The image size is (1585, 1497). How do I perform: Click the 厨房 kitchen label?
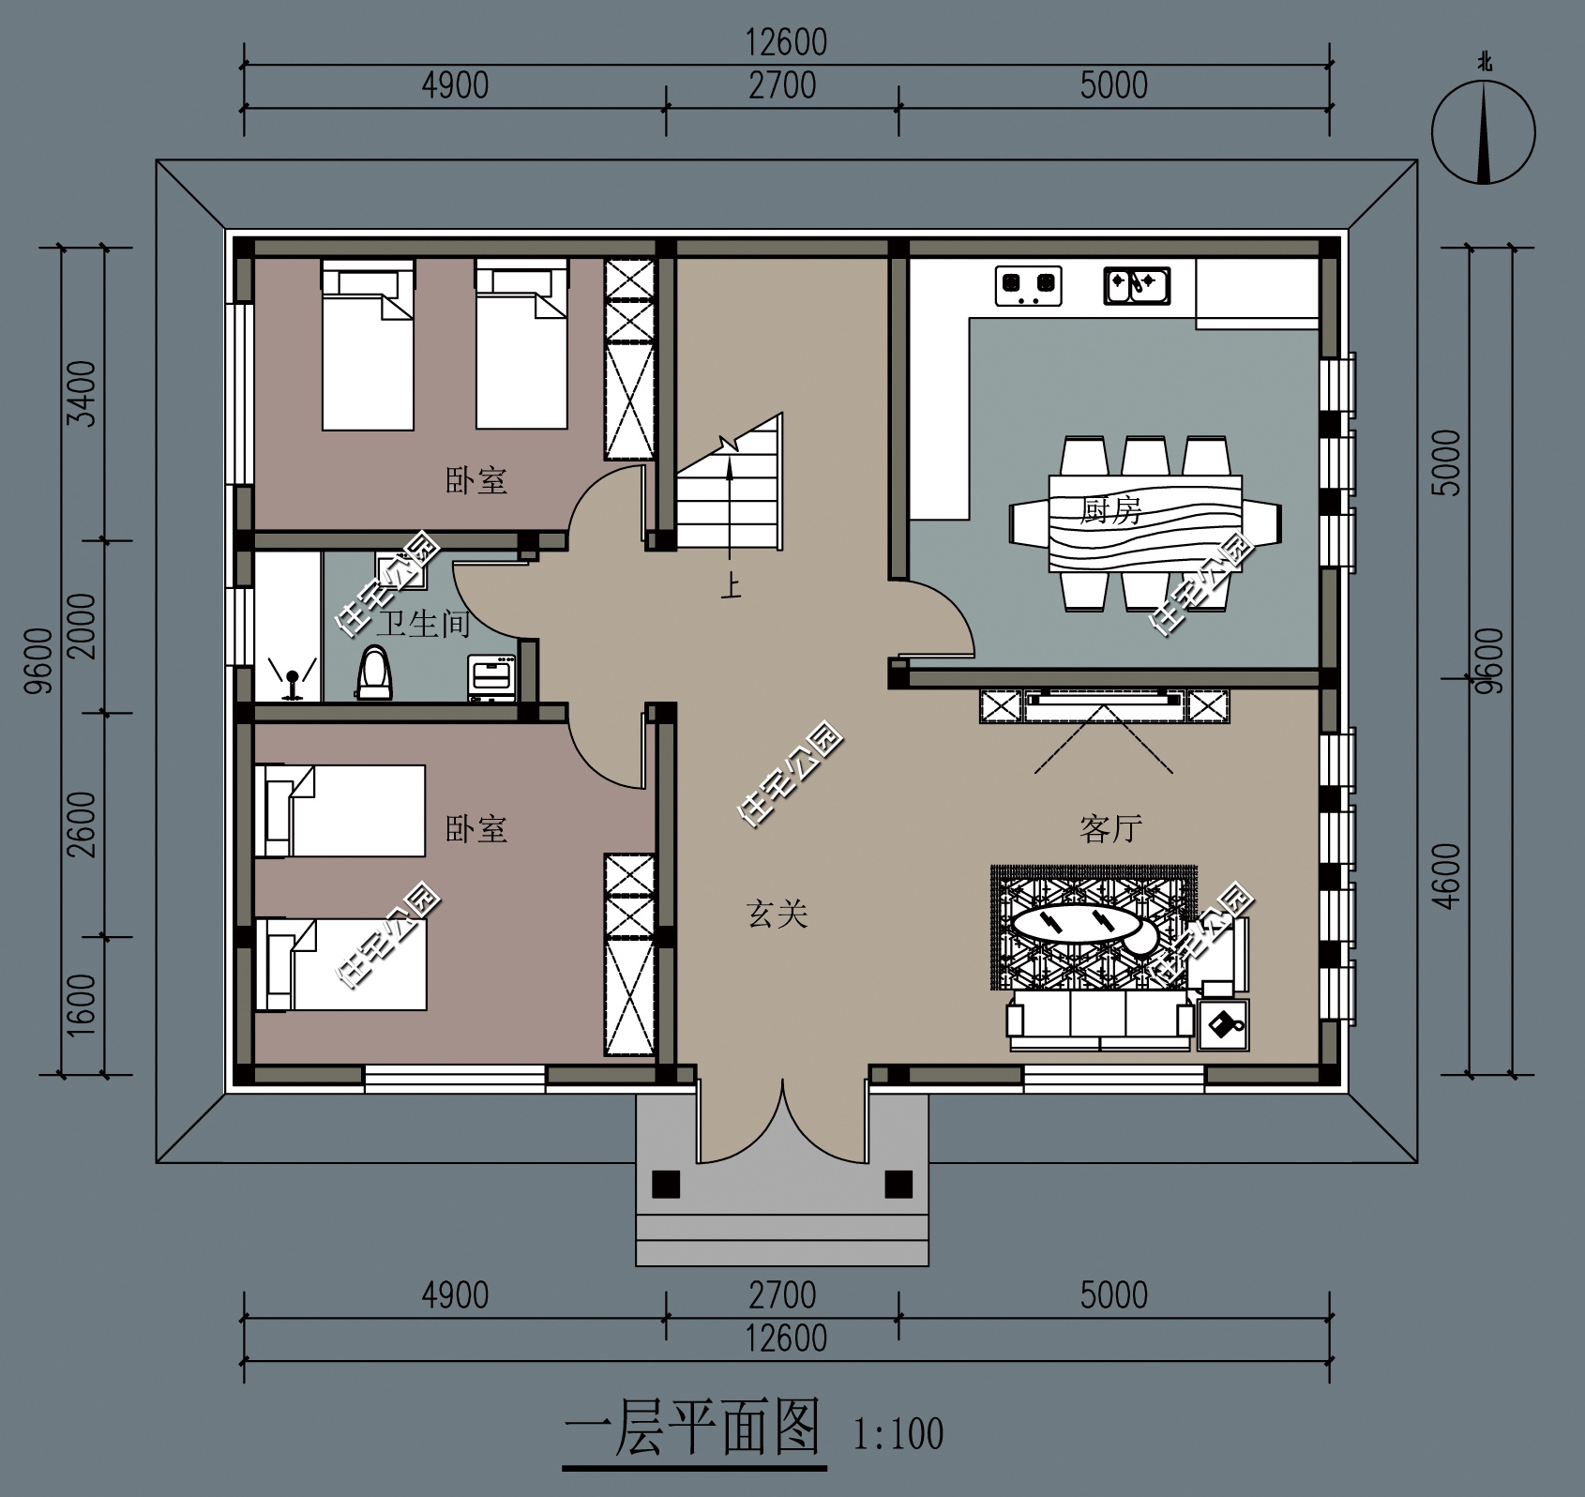pyautogui.click(x=1110, y=511)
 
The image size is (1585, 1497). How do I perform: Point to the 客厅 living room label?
pyautogui.click(x=1110, y=829)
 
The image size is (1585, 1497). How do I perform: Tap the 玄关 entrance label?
pyautogui.click(x=777, y=913)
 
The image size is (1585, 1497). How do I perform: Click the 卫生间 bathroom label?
pyautogui.click(x=422, y=623)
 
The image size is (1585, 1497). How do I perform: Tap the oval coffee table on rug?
pyautogui.click(x=1076, y=923)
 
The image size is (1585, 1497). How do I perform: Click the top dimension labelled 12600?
pyautogui.click(x=786, y=43)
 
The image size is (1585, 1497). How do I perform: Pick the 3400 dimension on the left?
pyautogui.click(x=83, y=393)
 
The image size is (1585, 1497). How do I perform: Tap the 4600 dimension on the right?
pyautogui.click(x=1449, y=876)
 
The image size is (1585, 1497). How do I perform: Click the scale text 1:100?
pyautogui.click(x=898, y=1434)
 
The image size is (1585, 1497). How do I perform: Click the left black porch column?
pyautogui.click(x=666, y=1184)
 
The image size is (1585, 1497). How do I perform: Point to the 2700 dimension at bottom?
pyautogui.click(x=782, y=1295)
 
